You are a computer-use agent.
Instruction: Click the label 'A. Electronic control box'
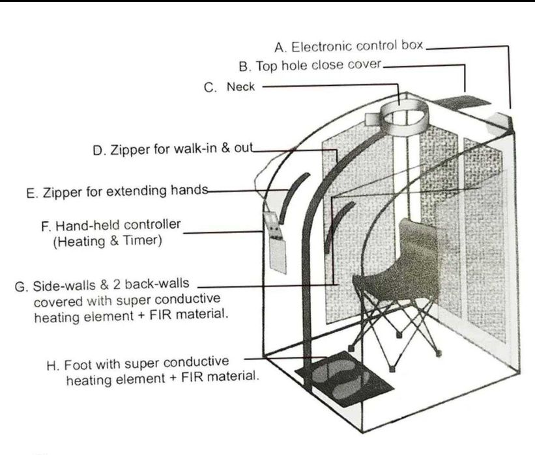[349, 47]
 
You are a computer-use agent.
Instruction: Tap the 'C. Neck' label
[229, 87]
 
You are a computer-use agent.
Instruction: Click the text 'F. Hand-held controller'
[111, 226]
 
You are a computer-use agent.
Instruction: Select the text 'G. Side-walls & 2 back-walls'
[104, 286]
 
